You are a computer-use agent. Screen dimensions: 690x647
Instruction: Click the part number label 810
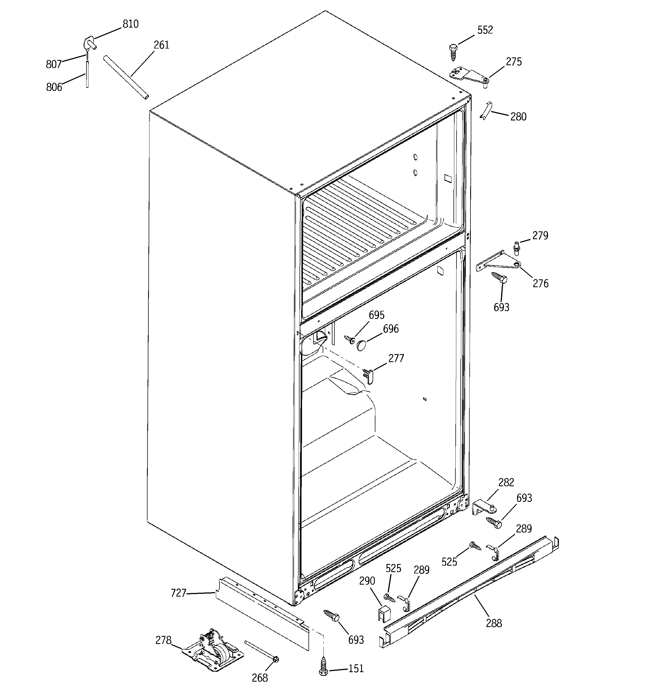coord(130,24)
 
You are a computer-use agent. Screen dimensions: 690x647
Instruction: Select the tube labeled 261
coord(126,78)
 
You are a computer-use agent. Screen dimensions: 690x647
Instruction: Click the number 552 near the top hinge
coord(485,30)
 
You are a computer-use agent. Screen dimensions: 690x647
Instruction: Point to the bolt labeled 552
coord(453,52)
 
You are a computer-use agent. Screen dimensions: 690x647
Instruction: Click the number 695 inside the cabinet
coord(376,315)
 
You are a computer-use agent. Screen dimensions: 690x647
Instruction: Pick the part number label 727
coord(178,593)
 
